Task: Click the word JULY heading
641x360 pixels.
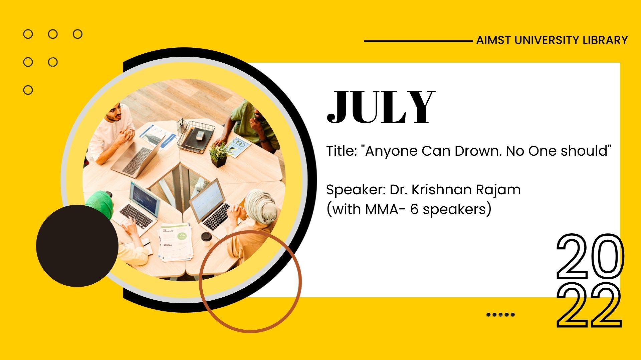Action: point(381,107)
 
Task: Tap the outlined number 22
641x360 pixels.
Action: point(589,305)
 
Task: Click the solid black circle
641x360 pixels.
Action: point(77,246)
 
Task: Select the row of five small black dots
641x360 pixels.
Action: point(500,314)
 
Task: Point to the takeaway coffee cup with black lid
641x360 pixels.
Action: point(206,239)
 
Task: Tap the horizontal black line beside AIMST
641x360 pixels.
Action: point(418,41)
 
